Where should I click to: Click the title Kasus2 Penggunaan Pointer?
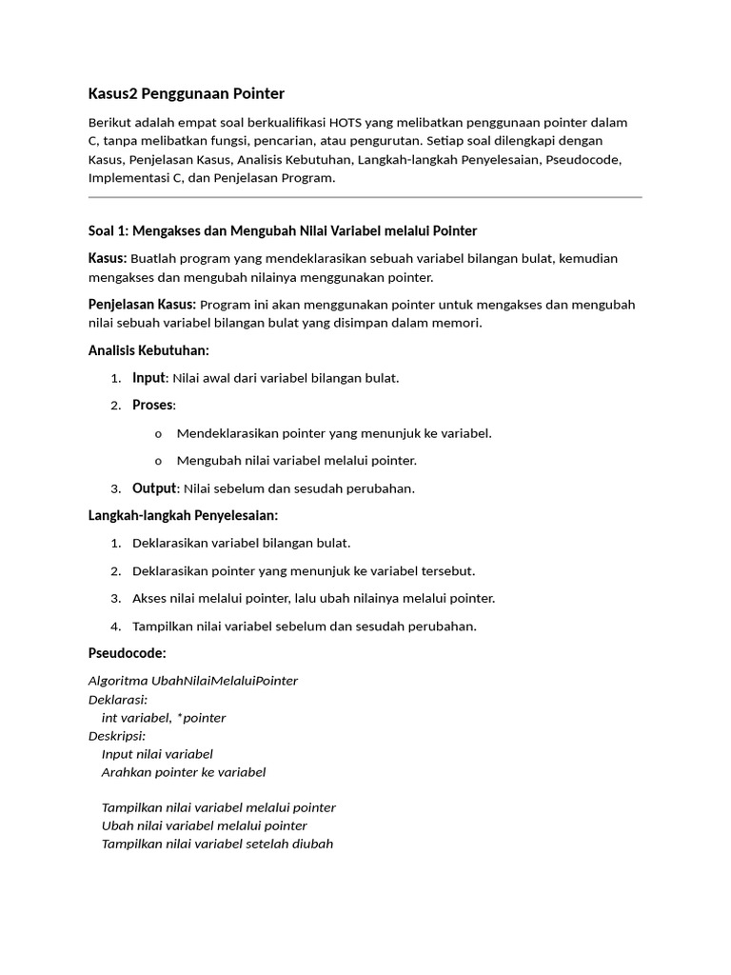click(x=187, y=93)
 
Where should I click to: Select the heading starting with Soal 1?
click(x=283, y=230)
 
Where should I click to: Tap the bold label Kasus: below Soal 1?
click(x=108, y=258)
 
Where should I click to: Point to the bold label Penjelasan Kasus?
click(x=142, y=305)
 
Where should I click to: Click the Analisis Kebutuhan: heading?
click(x=148, y=350)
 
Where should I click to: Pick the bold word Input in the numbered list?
click(x=149, y=378)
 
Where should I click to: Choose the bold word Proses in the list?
click(x=153, y=406)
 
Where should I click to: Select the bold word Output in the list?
click(x=154, y=488)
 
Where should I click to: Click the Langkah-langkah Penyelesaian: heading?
click(x=183, y=515)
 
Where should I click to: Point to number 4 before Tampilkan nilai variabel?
click(x=114, y=627)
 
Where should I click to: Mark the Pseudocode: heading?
click(x=127, y=653)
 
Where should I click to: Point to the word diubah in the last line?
click(x=313, y=844)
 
